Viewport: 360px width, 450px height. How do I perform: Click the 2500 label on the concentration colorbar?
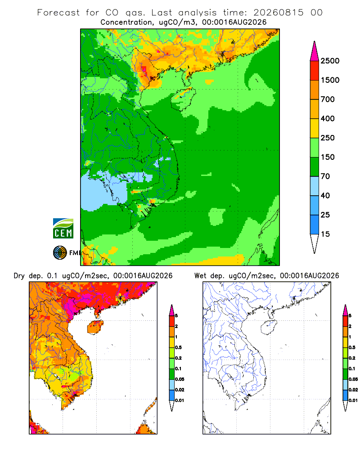pos(330,61)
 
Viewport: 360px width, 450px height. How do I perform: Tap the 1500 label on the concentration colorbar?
pos(330,80)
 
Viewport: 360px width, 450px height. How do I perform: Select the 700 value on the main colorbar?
pos(328,99)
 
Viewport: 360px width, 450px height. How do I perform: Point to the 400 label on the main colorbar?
pos(328,118)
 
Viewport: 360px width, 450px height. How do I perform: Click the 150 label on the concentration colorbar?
pos(328,157)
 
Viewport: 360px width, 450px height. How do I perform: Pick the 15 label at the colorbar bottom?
pos(325,234)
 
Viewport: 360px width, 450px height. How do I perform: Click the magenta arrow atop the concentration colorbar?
pos(315,51)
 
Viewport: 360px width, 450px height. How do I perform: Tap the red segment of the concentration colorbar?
pos(315,71)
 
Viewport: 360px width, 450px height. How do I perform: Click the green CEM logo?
pos(63,229)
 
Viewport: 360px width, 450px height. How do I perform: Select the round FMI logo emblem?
pos(60,253)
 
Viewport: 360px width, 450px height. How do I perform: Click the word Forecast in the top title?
pos(58,13)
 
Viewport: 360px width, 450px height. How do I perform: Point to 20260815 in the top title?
pos(278,13)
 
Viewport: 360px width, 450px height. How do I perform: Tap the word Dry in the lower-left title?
pos(19,276)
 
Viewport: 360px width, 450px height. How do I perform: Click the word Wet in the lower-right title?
pos(200,276)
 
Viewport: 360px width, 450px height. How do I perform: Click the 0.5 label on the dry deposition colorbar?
pos(178,347)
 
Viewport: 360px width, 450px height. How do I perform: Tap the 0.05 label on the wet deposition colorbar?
pos(353,379)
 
